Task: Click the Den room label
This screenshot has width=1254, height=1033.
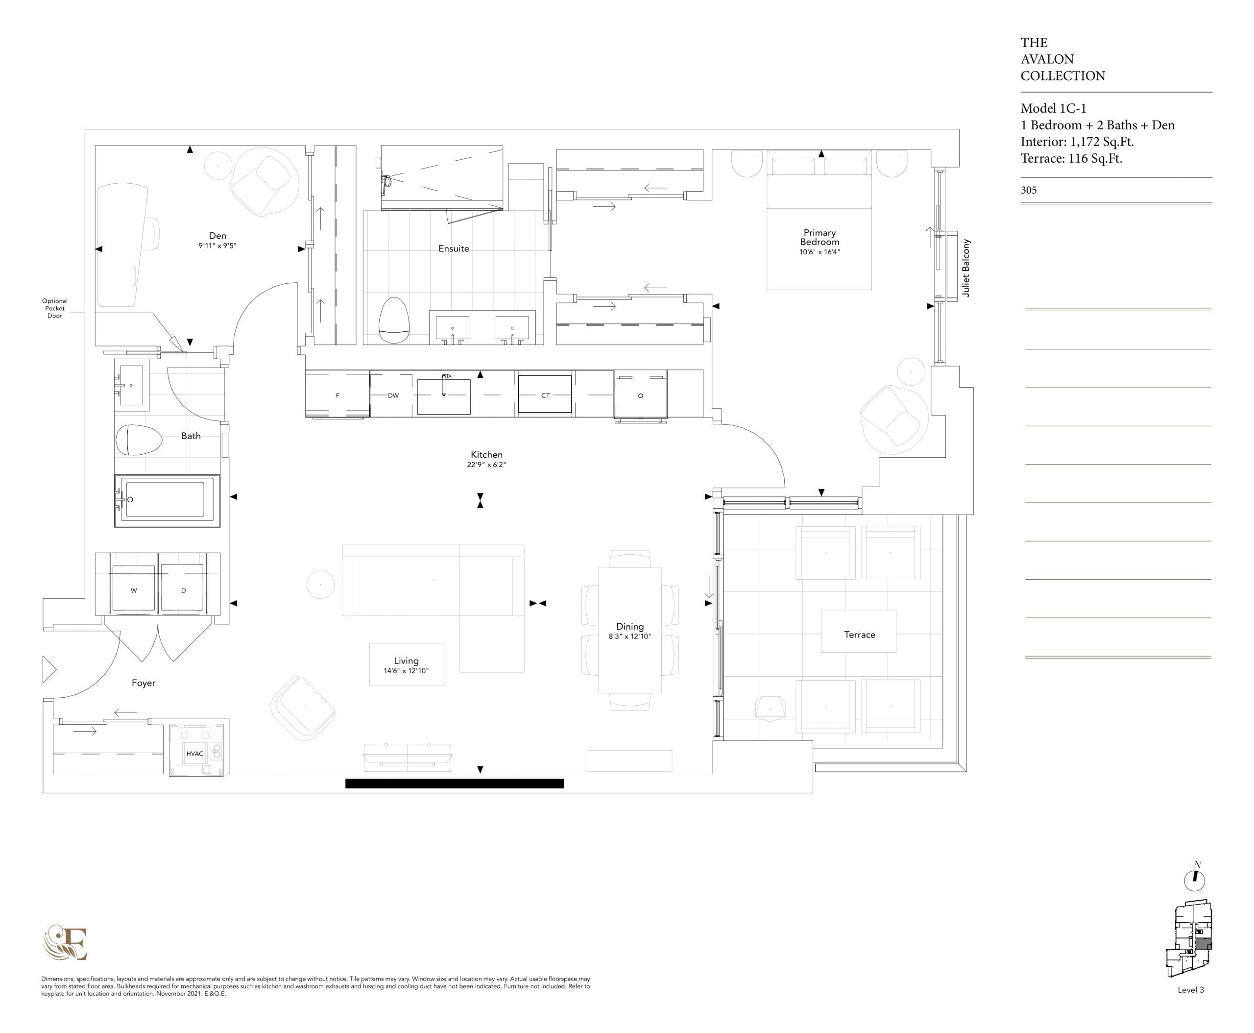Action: pos(217,236)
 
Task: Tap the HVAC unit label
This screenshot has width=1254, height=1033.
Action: pos(194,753)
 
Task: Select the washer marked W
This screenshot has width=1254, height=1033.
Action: pos(133,590)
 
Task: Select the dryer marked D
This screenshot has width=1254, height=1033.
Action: pos(183,590)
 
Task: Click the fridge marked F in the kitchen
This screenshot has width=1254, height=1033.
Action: pos(338,395)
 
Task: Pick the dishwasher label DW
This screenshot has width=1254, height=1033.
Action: pos(393,395)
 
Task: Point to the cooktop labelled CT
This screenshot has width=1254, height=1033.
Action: pos(545,395)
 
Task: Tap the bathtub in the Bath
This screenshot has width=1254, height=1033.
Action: pos(167,500)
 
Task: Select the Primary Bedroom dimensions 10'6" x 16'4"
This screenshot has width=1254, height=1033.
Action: pos(819,252)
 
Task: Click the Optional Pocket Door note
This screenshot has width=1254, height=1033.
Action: pos(55,308)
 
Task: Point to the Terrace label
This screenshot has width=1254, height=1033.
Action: pos(859,634)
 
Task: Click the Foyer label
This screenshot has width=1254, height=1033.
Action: pos(144,683)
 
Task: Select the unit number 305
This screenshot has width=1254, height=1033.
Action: pos(1029,191)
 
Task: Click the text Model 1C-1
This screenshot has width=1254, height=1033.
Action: pos(1053,108)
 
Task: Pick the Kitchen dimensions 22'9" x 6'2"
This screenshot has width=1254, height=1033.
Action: pos(486,465)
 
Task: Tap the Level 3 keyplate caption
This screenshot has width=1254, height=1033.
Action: pos(1190,989)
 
